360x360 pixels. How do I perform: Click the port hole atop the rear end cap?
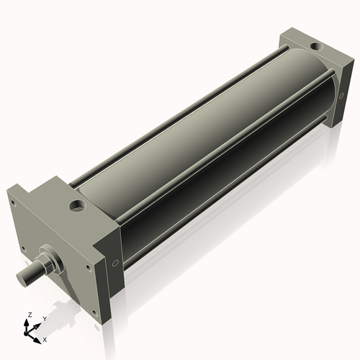(315, 47)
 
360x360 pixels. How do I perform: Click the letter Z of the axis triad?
(28, 315)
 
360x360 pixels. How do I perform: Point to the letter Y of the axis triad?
(44, 318)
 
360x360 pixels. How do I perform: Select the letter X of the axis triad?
(45, 338)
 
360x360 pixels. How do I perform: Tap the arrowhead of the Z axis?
(28, 321)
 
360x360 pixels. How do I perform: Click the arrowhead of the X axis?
(38, 336)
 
